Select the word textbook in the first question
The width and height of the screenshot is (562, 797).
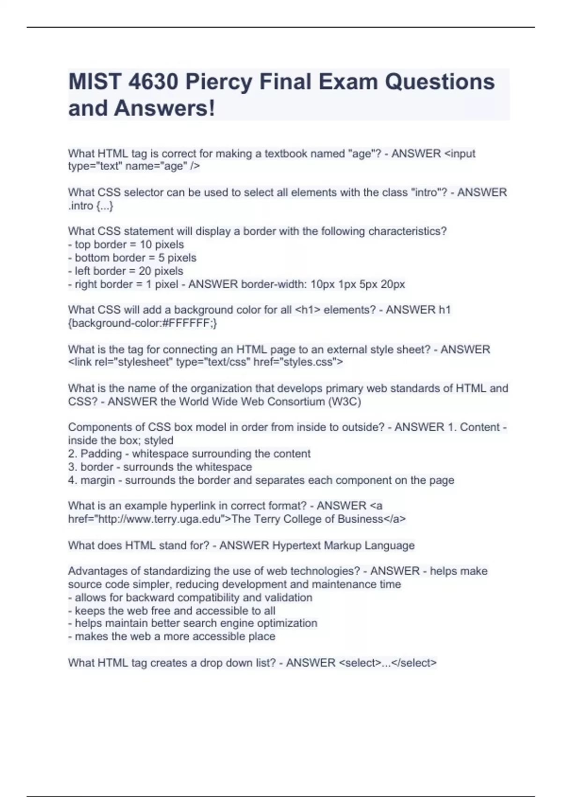tap(287, 154)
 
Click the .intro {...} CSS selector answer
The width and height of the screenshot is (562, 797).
tap(91, 206)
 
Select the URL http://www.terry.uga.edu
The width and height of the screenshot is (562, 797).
tap(154, 519)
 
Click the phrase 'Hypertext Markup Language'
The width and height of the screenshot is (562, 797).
tap(343, 546)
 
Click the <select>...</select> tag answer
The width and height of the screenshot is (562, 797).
tap(387, 663)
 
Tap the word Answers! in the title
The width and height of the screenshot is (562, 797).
tap(164, 108)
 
